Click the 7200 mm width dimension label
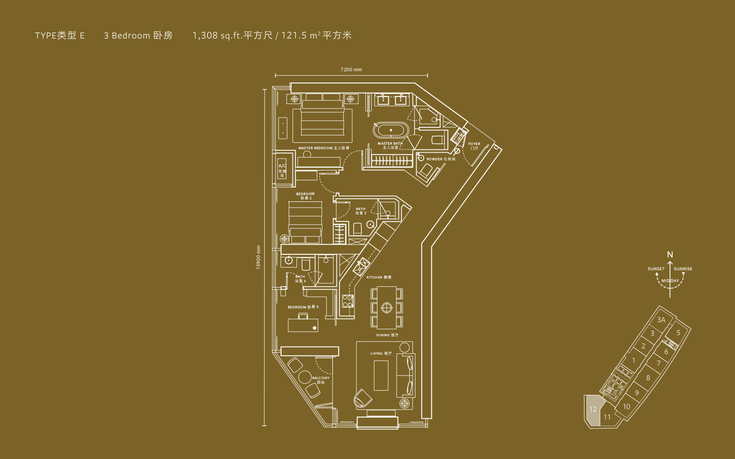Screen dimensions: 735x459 [x=351, y=70]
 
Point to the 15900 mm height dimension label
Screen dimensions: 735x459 [x=258, y=257]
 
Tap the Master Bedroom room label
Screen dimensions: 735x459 [x=323, y=148]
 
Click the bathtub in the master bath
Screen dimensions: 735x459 [x=391, y=130]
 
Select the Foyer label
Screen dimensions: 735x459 [x=474, y=146]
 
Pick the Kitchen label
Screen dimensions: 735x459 [x=379, y=277]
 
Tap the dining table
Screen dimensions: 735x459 [x=387, y=308]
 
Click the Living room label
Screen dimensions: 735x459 [x=381, y=353]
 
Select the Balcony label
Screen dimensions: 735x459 [x=320, y=380]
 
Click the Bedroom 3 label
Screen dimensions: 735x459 [x=303, y=307]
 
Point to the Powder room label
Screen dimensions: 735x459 [x=441, y=159]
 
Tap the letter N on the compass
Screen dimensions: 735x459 [x=670, y=255]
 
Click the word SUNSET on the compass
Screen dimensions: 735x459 [x=656, y=269]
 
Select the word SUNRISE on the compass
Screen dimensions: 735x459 [x=683, y=269]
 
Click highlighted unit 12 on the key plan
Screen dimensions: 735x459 [x=593, y=409]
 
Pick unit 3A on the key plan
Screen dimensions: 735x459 [x=661, y=320]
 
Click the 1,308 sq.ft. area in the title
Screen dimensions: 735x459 [x=217, y=36]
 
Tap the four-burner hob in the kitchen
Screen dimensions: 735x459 [x=348, y=301]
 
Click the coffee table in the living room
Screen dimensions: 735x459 [x=381, y=375]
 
